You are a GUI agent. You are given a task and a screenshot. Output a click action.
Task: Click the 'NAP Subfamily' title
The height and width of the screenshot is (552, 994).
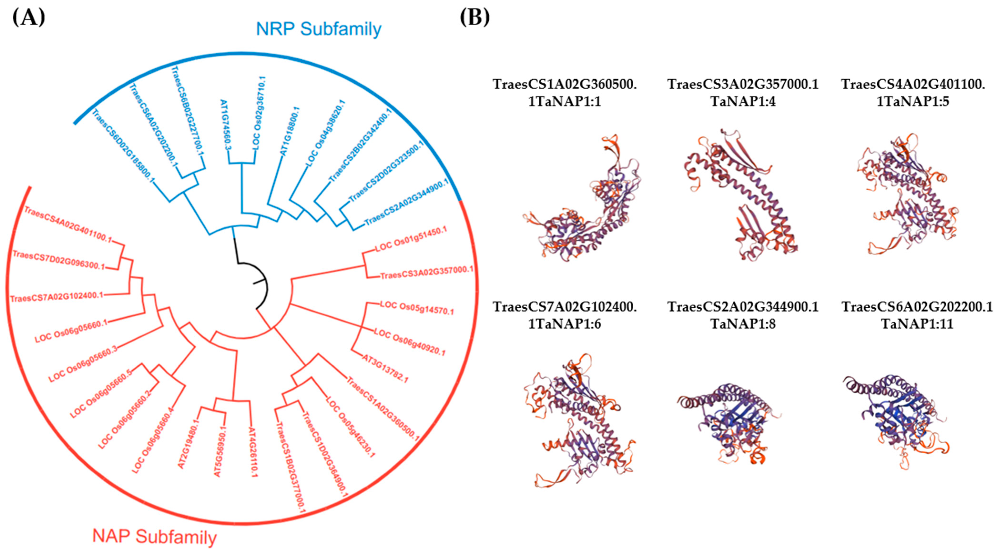pyautogui.click(x=154, y=537)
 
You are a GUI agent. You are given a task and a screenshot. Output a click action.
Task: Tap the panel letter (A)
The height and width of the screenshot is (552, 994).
pyautogui.click(x=29, y=17)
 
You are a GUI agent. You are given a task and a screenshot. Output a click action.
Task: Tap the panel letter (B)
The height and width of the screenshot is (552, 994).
pyautogui.click(x=475, y=17)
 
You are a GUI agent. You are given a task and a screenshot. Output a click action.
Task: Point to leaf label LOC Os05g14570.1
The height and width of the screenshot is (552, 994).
pyautogui.click(x=417, y=307)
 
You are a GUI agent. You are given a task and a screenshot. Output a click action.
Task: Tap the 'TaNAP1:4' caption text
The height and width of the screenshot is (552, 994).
pyautogui.click(x=743, y=101)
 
